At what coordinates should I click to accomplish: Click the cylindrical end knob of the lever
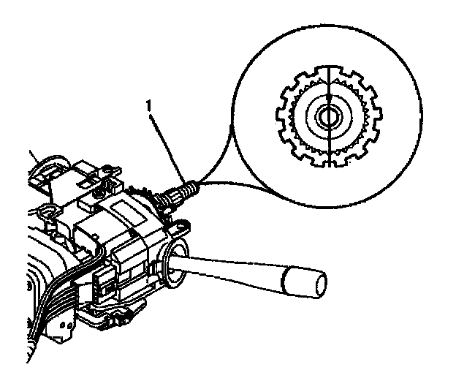pyautogui.click(x=303, y=280)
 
